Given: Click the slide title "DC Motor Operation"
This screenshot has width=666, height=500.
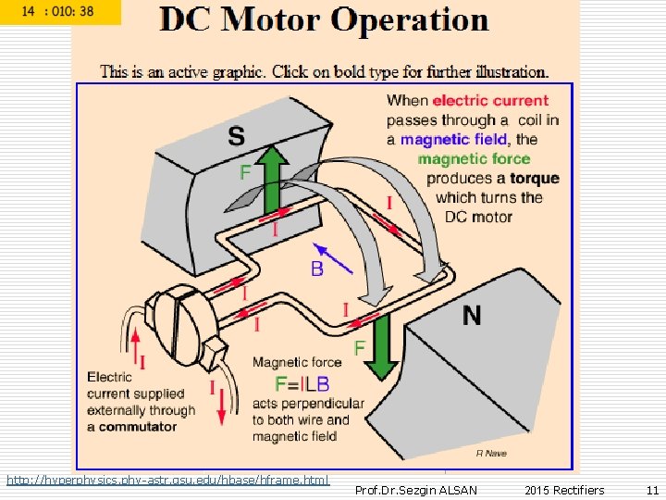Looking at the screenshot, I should click(323, 20).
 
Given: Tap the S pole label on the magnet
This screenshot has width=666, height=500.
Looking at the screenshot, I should click(237, 137).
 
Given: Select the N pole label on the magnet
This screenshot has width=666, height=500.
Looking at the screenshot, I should click(472, 316).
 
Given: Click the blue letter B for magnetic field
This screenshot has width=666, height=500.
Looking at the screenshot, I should click(316, 269).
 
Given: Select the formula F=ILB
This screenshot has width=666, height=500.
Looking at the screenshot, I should click(302, 383).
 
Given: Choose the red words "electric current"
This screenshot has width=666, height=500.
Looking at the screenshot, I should click(490, 101).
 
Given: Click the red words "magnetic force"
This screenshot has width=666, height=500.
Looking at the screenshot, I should click(474, 158).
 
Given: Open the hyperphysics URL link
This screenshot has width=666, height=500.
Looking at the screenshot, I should click(167, 480).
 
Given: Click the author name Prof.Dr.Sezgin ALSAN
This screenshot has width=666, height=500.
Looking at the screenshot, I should click(416, 490).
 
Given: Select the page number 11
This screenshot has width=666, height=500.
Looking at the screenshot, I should click(652, 490).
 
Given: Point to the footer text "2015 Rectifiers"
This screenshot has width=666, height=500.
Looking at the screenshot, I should click(564, 490).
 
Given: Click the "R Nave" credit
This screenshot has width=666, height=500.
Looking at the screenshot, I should click(491, 453).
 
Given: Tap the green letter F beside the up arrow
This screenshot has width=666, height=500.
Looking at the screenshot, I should click(245, 172).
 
